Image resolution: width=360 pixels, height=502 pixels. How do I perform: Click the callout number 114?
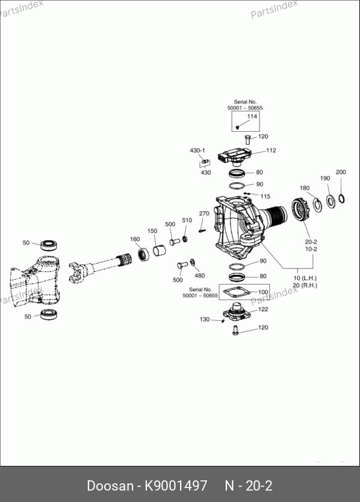[x=252, y=116]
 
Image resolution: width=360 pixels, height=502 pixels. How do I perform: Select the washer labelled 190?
[x=331, y=201]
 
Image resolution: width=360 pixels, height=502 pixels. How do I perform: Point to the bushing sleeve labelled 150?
[x=159, y=250]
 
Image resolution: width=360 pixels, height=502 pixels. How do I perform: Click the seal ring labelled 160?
[x=143, y=254]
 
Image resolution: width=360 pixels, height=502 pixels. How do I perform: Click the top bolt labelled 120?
[x=247, y=140]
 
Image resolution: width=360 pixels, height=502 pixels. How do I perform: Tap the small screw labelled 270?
[x=202, y=230]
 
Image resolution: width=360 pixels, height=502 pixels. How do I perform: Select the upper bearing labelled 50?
[x=49, y=245]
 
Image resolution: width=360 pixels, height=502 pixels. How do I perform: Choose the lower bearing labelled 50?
[x=49, y=314]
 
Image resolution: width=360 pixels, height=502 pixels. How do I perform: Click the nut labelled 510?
[x=185, y=238]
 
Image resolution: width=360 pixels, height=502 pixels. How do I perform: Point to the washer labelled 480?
[x=192, y=262]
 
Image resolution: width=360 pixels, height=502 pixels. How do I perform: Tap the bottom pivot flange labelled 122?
[x=237, y=311]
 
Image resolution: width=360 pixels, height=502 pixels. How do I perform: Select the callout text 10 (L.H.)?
[x=305, y=278]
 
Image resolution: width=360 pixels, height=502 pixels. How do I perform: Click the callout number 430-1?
[x=197, y=150]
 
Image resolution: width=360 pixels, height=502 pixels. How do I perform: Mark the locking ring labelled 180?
[x=318, y=205]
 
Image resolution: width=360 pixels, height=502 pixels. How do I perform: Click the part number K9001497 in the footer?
[x=176, y=486]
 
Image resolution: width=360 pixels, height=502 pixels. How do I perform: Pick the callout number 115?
[x=265, y=196]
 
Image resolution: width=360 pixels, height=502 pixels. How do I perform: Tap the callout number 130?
[x=205, y=319]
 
